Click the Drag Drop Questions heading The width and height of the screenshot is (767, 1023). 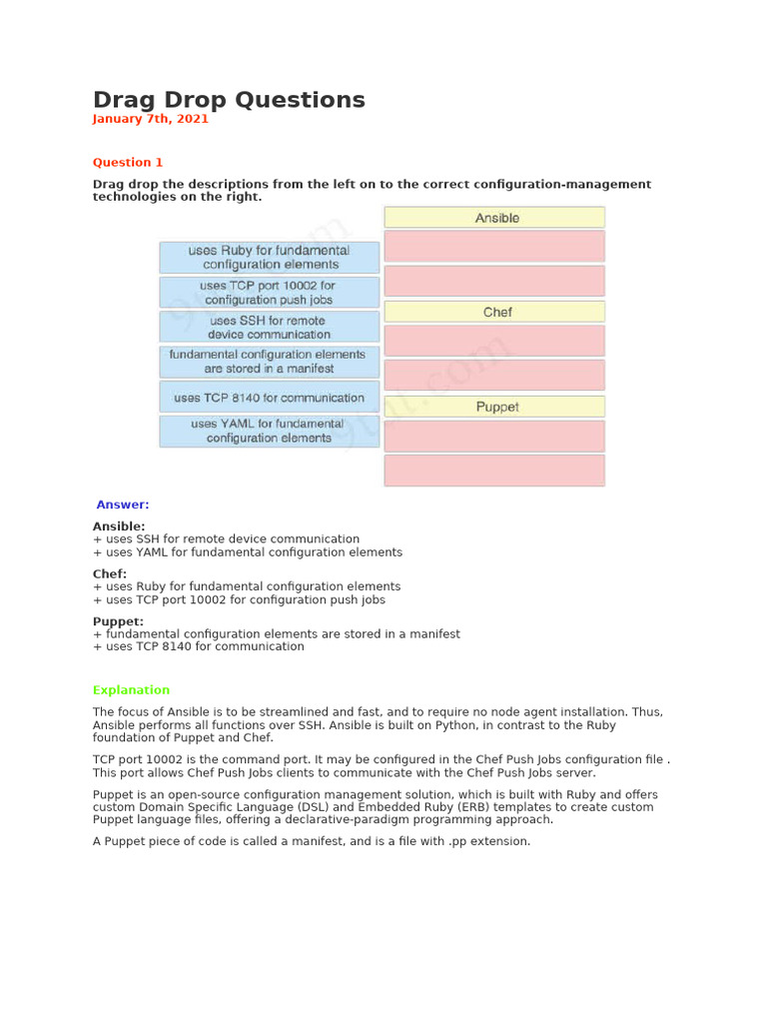(229, 100)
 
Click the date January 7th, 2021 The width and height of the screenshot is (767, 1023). (150, 119)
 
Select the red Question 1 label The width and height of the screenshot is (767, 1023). (128, 163)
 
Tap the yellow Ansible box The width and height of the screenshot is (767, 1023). (494, 217)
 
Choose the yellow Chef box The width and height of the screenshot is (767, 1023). (494, 312)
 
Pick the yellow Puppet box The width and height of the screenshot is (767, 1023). (494, 407)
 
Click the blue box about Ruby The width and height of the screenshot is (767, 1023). (269, 257)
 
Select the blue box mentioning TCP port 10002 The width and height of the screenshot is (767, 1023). (269, 292)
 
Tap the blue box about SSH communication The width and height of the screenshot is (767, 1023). (269, 327)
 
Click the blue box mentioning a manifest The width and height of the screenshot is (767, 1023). (269, 362)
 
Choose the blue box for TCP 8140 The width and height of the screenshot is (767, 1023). (269, 397)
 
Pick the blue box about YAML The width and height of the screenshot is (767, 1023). (269, 431)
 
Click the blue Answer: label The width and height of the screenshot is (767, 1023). (122, 505)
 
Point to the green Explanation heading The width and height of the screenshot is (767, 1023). (131, 690)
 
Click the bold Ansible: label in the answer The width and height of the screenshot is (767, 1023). (119, 525)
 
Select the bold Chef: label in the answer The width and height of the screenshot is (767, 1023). (110, 573)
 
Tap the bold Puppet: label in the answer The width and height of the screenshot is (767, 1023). (118, 621)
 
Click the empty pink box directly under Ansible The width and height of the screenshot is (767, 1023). (494, 246)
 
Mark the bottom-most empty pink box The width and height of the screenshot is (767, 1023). (494, 470)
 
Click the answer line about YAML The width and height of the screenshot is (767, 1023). (248, 552)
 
